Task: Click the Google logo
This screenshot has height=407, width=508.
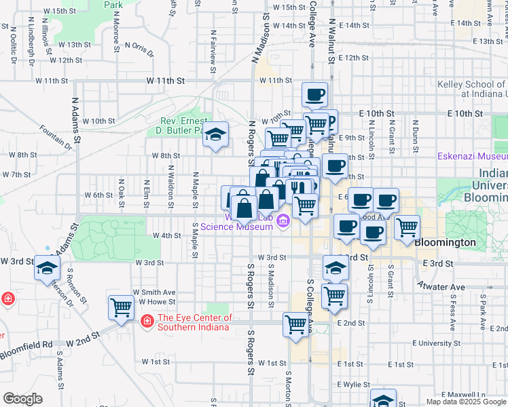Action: tap(22, 399)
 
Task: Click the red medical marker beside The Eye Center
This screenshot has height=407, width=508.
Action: tap(146, 320)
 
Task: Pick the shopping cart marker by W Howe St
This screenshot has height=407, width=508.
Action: tap(121, 307)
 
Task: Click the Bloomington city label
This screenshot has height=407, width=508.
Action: tap(446, 242)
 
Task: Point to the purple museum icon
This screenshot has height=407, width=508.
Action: tap(283, 220)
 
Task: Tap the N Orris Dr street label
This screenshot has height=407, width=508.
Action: tap(139, 47)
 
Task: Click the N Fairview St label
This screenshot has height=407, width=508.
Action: tap(213, 47)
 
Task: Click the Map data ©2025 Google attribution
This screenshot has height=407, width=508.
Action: tap(466, 402)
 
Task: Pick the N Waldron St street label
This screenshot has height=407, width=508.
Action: tap(170, 186)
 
